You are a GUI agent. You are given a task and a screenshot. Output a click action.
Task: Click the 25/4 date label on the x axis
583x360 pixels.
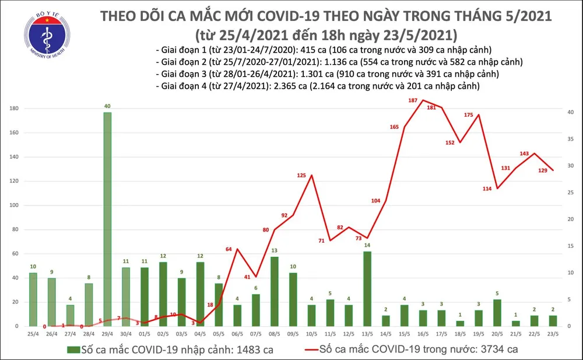point(33,334)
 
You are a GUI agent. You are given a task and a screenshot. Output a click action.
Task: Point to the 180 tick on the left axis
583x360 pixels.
point(13,109)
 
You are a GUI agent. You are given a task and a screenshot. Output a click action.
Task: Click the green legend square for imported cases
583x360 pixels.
point(73,349)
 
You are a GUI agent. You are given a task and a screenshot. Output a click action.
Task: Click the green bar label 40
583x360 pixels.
point(107,105)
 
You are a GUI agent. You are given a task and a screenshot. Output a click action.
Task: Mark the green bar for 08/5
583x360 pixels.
point(274,291)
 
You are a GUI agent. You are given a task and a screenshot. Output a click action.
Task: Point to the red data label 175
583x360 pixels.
point(468,115)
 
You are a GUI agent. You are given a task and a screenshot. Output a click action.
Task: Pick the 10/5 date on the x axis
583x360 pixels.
point(312,334)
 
